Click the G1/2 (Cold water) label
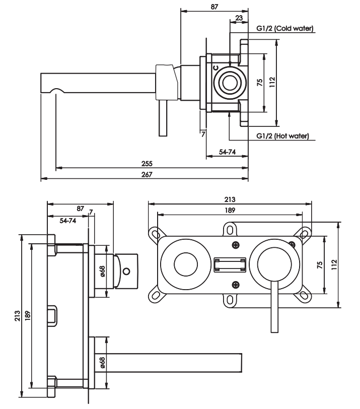[285, 28]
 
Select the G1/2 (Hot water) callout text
[282, 136]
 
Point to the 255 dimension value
[147, 164]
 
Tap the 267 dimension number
[147, 174]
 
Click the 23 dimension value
[239, 18]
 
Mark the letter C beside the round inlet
[215, 68]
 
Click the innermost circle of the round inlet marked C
[230, 83]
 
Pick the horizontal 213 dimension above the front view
[230, 199]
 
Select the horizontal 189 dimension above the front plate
[230, 210]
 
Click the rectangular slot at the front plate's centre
[230, 265]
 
